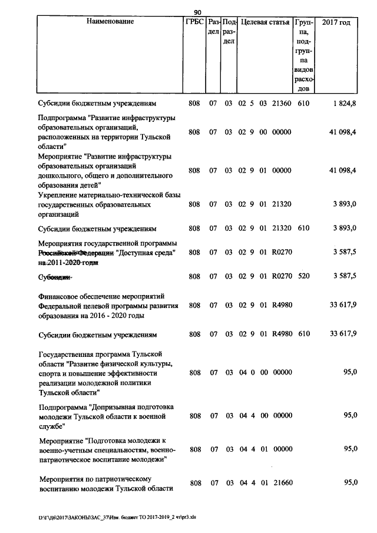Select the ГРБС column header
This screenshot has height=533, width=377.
pyautogui.click(x=194, y=22)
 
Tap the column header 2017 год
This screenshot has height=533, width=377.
pyautogui.click(x=338, y=22)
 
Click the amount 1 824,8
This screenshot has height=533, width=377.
pyautogui.click(x=344, y=102)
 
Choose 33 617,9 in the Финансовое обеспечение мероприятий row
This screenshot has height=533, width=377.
pyautogui.click(x=342, y=305)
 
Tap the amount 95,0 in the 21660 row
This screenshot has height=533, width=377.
pyautogui.click(x=350, y=483)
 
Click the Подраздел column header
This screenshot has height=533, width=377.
pyautogui.click(x=230, y=32)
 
